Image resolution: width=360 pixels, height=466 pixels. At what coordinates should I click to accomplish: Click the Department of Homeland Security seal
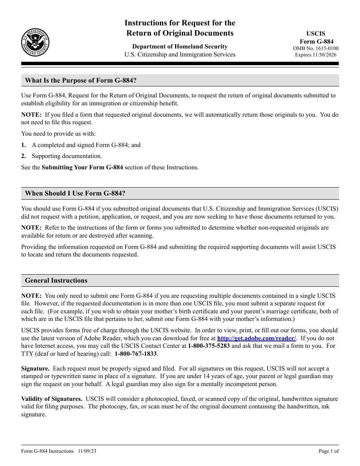35,42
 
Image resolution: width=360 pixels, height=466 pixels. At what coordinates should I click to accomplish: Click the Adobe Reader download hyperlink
257,338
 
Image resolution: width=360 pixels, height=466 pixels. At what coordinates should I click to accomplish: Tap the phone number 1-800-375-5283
209,346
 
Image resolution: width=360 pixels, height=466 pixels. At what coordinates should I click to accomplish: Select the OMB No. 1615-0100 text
316,48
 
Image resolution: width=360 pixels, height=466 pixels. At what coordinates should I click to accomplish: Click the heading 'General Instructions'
56,281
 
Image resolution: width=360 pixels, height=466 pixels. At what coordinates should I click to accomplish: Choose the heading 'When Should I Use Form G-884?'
75,194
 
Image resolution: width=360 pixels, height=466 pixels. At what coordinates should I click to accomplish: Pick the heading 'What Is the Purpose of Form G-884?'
81,80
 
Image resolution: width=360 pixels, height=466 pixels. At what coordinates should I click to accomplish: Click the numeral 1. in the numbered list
23,145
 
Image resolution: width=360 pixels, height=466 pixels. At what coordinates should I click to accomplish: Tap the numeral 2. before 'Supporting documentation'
23,156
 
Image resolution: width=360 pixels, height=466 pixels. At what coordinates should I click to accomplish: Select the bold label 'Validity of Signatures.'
52,399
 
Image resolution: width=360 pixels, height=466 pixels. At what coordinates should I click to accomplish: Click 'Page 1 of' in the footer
329,451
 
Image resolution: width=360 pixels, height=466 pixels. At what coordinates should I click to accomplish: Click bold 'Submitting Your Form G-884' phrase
82,167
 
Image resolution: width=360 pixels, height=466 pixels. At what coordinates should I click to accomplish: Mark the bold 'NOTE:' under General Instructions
31,296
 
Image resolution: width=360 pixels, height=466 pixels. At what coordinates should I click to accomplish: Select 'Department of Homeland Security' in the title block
180,47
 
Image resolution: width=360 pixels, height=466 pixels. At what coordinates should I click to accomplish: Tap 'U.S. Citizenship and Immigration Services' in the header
180,55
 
